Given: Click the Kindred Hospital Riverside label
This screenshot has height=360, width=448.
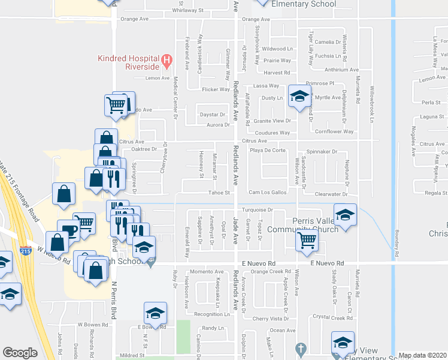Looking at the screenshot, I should [x=133, y=62].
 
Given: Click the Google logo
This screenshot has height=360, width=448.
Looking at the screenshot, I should [x=20, y=353].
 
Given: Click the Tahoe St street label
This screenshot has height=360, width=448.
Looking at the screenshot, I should [x=219, y=193].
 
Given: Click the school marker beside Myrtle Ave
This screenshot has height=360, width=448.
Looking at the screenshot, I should [x=299, y=95].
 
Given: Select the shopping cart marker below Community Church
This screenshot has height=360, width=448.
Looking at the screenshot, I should [x=307, y=240].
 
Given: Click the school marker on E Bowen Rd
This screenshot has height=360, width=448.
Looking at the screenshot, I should [x=155, y=313].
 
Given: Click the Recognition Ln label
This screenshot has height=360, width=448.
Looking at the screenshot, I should [x=211, y=314].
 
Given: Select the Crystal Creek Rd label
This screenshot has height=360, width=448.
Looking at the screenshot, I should [x=333, y=317].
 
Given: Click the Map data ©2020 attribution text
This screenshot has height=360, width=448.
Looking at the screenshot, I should [x=423, y=355].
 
